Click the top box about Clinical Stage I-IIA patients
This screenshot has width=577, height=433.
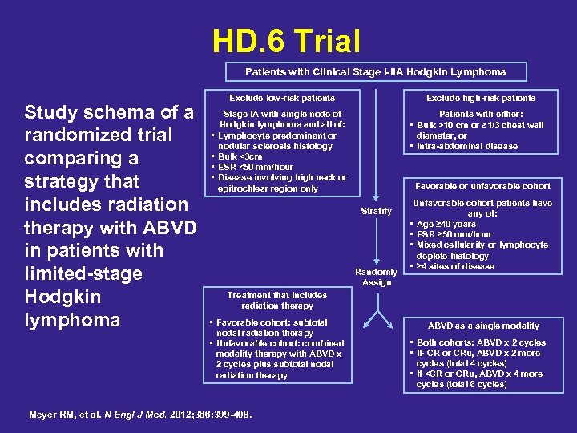tap(376, 71)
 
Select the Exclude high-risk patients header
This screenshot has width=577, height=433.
tap(481, 98)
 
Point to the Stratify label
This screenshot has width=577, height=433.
tap(377, 212)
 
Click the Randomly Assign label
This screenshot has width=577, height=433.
tap(377, 277)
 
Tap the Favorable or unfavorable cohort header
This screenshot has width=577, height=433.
tap(482, 186)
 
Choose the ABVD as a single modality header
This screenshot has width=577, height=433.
tap(483, 326)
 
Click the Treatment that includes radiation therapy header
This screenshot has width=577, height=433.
tap(276, 300)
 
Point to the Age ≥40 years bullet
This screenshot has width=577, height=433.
tap(450, 224)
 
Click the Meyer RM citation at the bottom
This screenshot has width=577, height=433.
tap(140, 415)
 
